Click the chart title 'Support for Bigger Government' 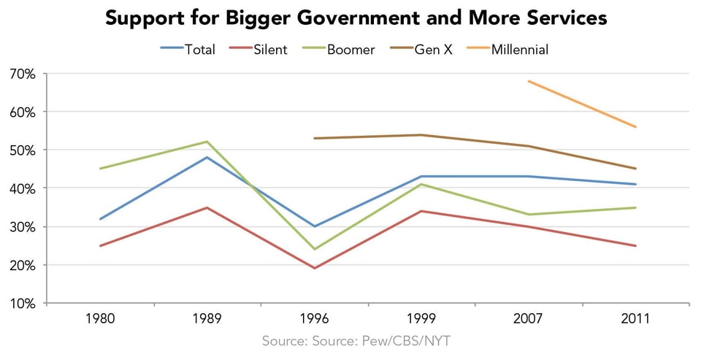(x=356, y=18)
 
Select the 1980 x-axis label (x=100, y=319)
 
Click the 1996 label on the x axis (x=314, y=319)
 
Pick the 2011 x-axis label (x=635, y=319)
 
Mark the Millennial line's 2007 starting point (x=528, y=81)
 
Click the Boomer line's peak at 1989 (x=207, y=142)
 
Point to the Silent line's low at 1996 (x=314, y=268)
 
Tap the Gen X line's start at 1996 (x=314, y=138)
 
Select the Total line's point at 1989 (x=207, y=157)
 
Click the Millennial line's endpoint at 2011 (x=635, y=127)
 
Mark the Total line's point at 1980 (x=100, y=218)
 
